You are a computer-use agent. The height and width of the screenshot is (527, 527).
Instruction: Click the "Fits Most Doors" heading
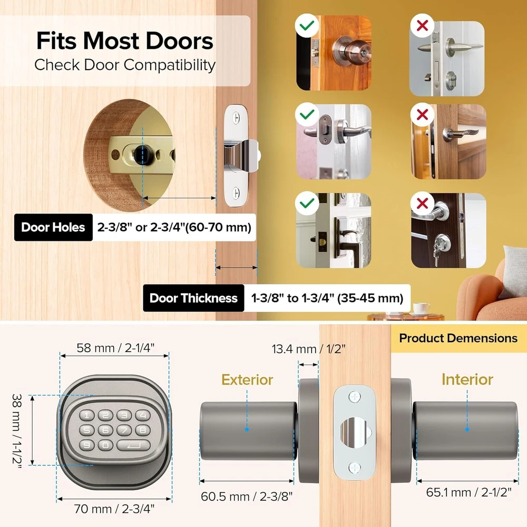(125, 41)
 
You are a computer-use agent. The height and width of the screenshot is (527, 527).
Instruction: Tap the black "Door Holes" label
(53, 227)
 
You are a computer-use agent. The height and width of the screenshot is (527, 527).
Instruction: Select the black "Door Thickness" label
(193, 298)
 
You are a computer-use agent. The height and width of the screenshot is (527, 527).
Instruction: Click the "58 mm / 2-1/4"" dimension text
(115, 348)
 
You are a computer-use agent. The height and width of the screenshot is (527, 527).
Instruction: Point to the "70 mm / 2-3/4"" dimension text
(114, 509)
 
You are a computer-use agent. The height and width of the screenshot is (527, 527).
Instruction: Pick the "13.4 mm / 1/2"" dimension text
(308, 349)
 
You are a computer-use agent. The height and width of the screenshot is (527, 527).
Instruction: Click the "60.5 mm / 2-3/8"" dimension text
(247, 496)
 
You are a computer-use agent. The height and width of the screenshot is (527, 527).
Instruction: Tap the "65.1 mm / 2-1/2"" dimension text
(469, 492)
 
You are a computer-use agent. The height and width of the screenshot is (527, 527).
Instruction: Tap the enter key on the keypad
(133, 446)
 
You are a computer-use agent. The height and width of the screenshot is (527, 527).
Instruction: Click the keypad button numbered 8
(143, 430)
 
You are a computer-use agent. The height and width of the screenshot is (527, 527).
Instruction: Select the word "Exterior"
(247, 380)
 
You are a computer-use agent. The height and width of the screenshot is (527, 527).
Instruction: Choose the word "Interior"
(467, 379)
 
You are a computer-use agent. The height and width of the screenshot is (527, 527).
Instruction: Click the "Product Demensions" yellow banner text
(458, 338)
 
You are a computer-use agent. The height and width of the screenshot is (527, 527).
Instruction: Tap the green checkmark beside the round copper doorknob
(307, 25)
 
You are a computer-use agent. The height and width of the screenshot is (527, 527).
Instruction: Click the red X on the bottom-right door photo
(422, 203)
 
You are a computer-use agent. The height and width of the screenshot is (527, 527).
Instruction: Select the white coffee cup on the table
(421, 308)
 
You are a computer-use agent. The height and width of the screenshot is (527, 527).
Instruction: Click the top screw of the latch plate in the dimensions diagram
(355, 397)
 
